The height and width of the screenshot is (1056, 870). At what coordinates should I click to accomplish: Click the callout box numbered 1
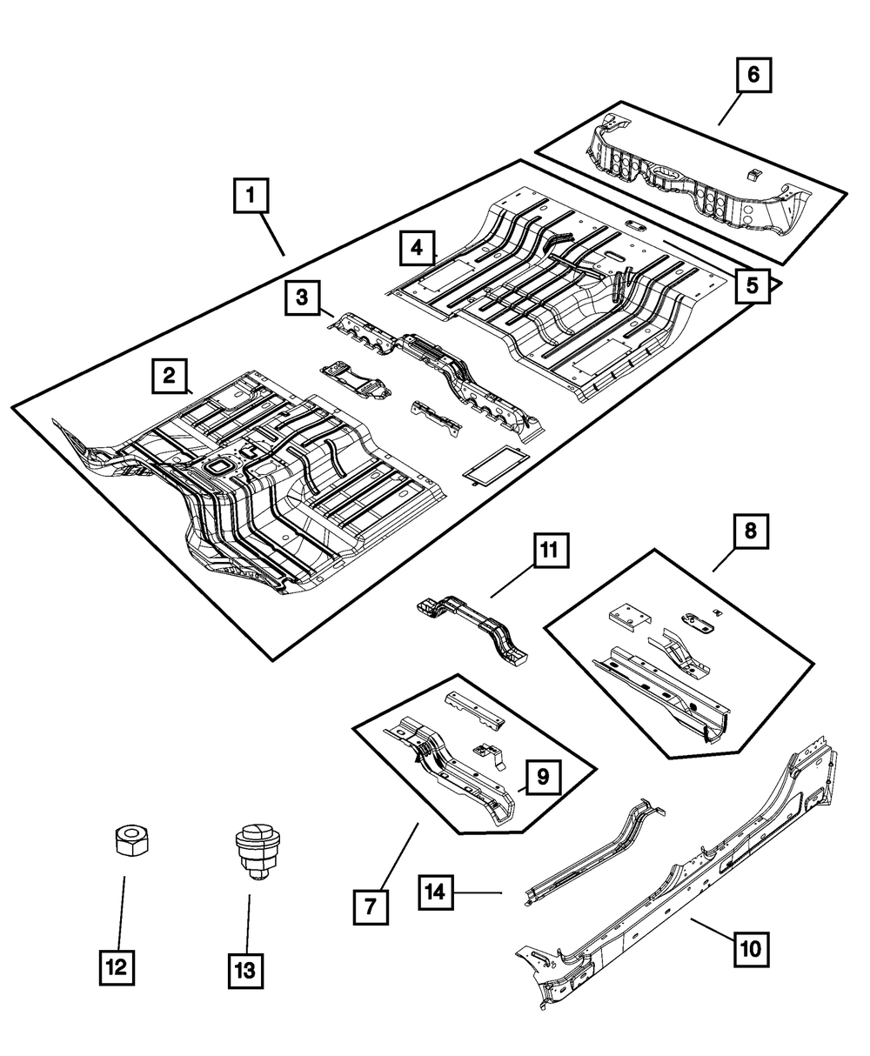pyautogui.click(x=251, y=196)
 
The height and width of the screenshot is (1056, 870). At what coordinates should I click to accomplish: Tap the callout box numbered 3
pyautogui.click(x=301, y=297)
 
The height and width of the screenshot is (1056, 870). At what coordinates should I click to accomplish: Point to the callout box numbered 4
pyautogui.click(x=418, y=249)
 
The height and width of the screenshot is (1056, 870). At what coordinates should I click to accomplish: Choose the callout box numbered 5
pyautogui.click(x=753, y=284)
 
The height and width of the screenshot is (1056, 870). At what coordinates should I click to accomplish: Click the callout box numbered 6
pyautogui.click(x=753, y=75)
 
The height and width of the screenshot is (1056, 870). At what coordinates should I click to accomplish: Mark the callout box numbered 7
pyautogui.click(x=371, y=907)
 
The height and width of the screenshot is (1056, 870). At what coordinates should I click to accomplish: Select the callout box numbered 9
pyautogui.click(x=542, y=777)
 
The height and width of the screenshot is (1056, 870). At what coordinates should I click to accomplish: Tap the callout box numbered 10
pyautogui.click(x=753, y=947)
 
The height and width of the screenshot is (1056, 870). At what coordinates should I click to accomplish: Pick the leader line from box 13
pyautogui.click(x=249, y=922)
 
